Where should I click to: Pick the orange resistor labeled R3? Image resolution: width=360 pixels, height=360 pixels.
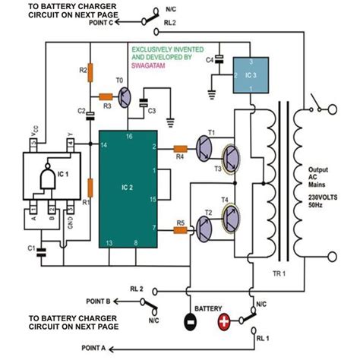pyautogui.click(x=106, y=97)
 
